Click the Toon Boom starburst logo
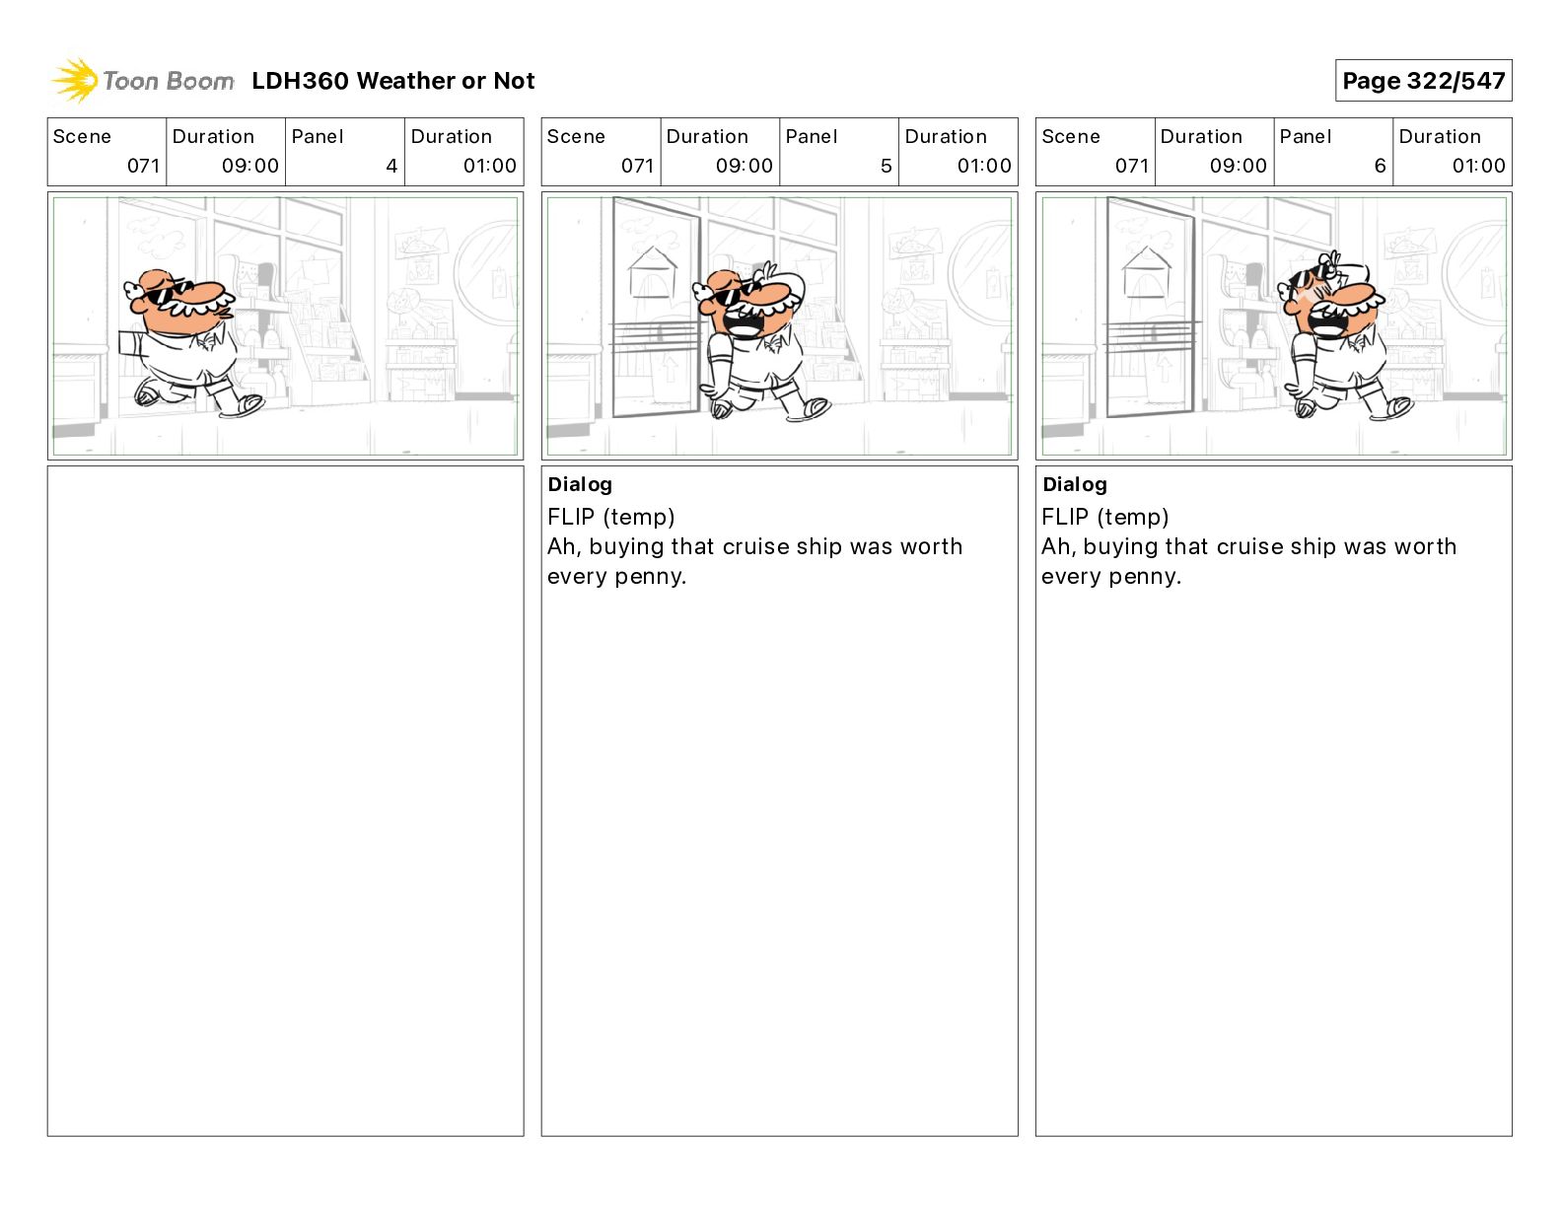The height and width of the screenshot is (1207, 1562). coord(74,81)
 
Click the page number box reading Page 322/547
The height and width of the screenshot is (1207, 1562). coord(1423,81)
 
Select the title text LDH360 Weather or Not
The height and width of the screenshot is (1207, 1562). coord(393,81)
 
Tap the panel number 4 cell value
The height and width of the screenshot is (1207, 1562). coord(391,166)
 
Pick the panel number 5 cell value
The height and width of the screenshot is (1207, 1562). coord(887,166)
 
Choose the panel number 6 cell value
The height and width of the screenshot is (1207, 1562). coord(1381,166)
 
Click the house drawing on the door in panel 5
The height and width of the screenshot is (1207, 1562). coord(653,273)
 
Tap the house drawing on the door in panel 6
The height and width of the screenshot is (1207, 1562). coord(1147,273)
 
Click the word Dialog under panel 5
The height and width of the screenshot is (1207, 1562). coord(580,484)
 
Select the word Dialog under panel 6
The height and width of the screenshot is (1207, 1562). coord(1075,484)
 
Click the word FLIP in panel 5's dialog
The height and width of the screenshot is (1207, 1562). coord(571,517)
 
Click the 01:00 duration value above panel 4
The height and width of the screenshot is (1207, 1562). coord(489,166)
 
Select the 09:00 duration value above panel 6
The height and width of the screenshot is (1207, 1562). coord(1238,166)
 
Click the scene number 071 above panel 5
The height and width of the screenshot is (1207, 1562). coord(638,166)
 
